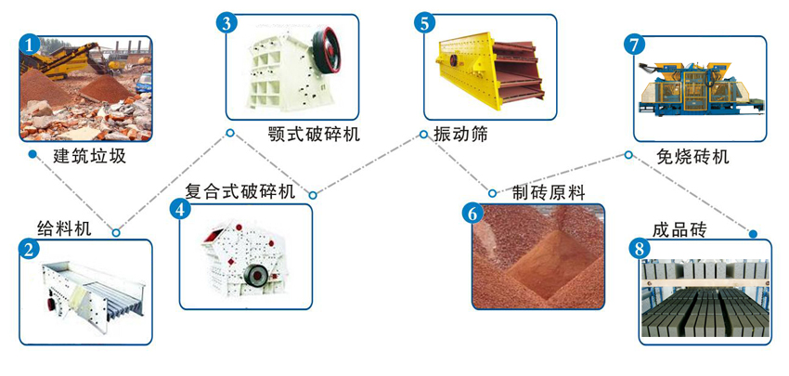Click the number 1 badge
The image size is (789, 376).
point(31,44)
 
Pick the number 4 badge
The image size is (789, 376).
point(180,209)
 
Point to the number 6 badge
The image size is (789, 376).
point(472,213)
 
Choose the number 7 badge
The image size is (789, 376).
point(635,44)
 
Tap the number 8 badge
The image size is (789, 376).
point(639,249)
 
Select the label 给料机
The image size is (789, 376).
point(64,228)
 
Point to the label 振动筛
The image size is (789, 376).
point(459,135)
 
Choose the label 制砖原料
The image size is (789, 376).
point(549,192)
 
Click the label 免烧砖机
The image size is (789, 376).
point(692,156)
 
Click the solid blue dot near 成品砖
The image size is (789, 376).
point(753,234)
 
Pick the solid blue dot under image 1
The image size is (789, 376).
point(32,154)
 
